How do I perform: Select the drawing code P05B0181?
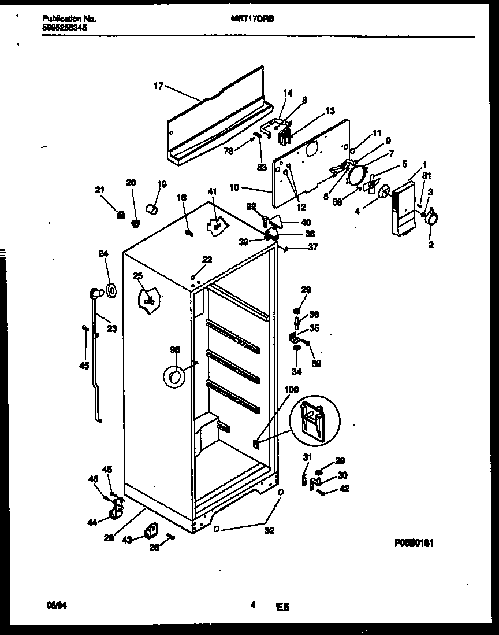pyautogui.click(x=414, y=543)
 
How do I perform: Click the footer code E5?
pyautogui.click(x=282, y=607)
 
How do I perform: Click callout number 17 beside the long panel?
pyautogui.click(x=158, y=86)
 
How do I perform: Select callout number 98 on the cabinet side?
pyautogui.click(x=175, y=350)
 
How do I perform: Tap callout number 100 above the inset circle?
pyautogui.click(x=292, y=390)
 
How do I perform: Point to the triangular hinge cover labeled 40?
pyautogui.click(x=277, y=220)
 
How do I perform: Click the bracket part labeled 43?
pyautogui.click(x=151, y=530)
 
